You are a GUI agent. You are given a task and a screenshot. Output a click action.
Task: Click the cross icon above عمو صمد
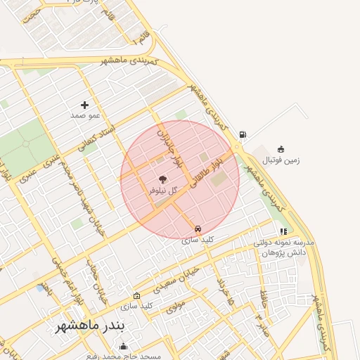(x=85, y=105)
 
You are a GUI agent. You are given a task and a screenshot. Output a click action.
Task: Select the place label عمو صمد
(x=85, y=114)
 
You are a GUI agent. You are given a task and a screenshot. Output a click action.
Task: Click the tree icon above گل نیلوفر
(x=163, y=180)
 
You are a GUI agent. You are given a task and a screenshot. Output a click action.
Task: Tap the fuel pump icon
(x=243, y=134)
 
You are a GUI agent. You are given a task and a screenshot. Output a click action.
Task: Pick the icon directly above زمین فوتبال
(x=281, y=149)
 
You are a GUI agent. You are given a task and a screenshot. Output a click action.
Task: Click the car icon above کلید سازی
(x=198, y=229)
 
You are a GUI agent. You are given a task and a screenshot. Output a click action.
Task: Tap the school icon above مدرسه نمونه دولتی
(x=283, y=231)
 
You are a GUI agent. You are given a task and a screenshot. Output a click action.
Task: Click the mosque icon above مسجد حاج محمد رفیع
(x=124, y=345)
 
